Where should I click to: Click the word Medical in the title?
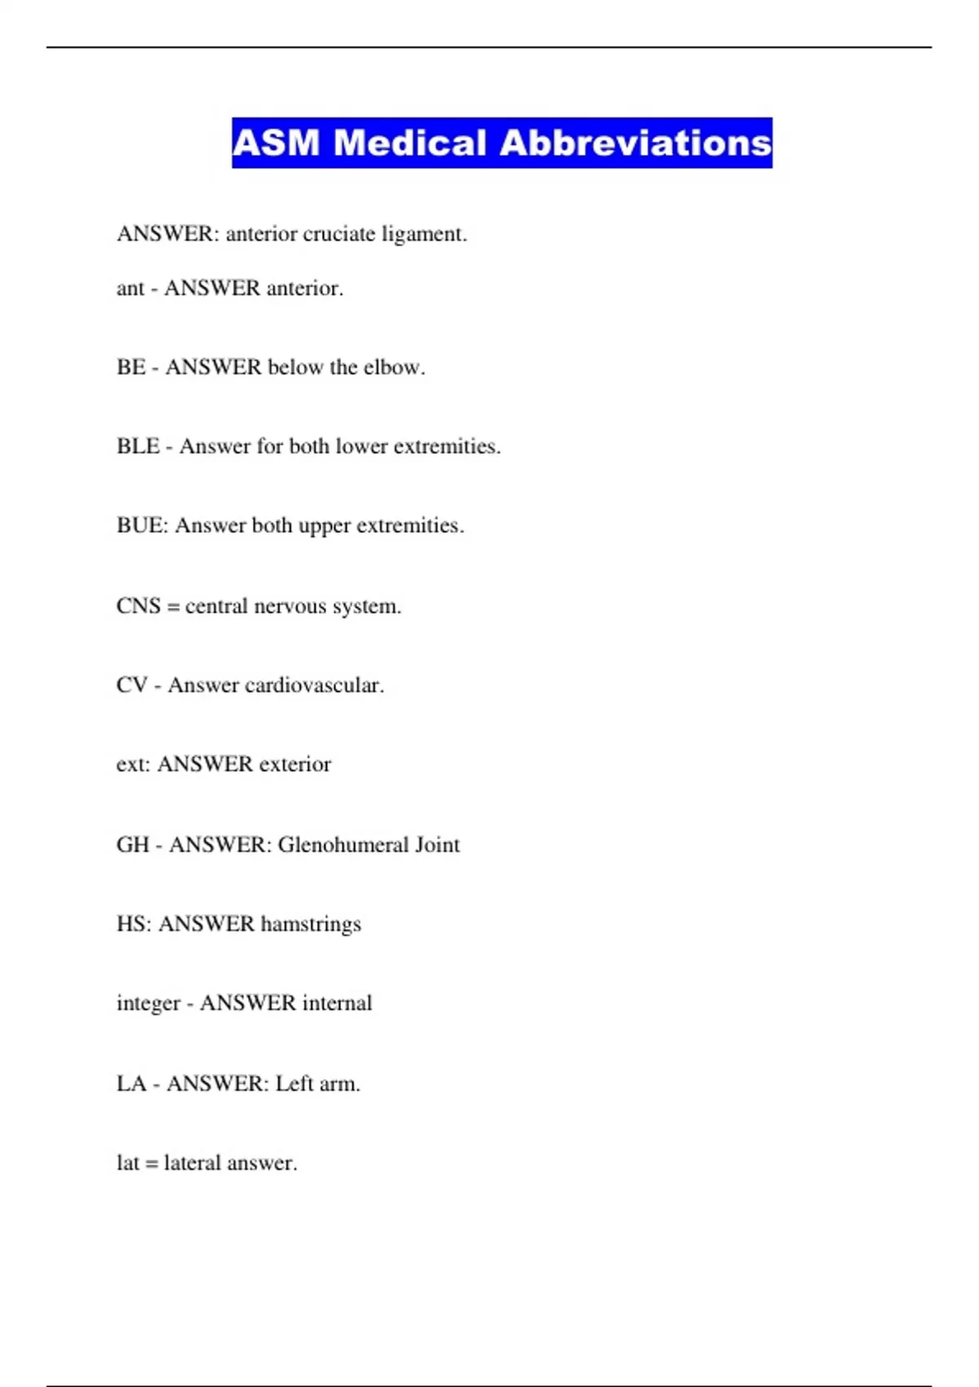pyautogui.click(x=410, y=144)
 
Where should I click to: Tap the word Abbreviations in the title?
pyautogui.click(x=636, y=144)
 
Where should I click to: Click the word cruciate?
pyautogui.click(x=339, y=234)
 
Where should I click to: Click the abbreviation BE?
pyautogui.click(x=131, y=367)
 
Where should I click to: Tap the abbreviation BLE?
pyautogui.click(x=137, y=446)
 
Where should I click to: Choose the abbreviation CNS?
pyautogui.click(x=138, y=606)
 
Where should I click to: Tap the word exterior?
pyautogui.click(x=295, y=764)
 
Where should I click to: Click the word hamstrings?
pyautogui.click(x=310, y=924)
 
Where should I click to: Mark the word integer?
pyautogui.click(x=148, y=1004)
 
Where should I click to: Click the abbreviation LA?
pyautogui.click(x=131, y=1083)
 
